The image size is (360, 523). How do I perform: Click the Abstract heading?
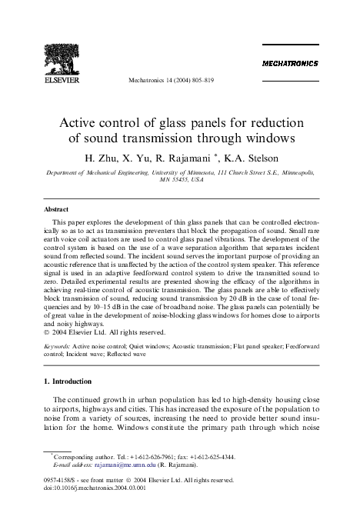coord(57,208)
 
